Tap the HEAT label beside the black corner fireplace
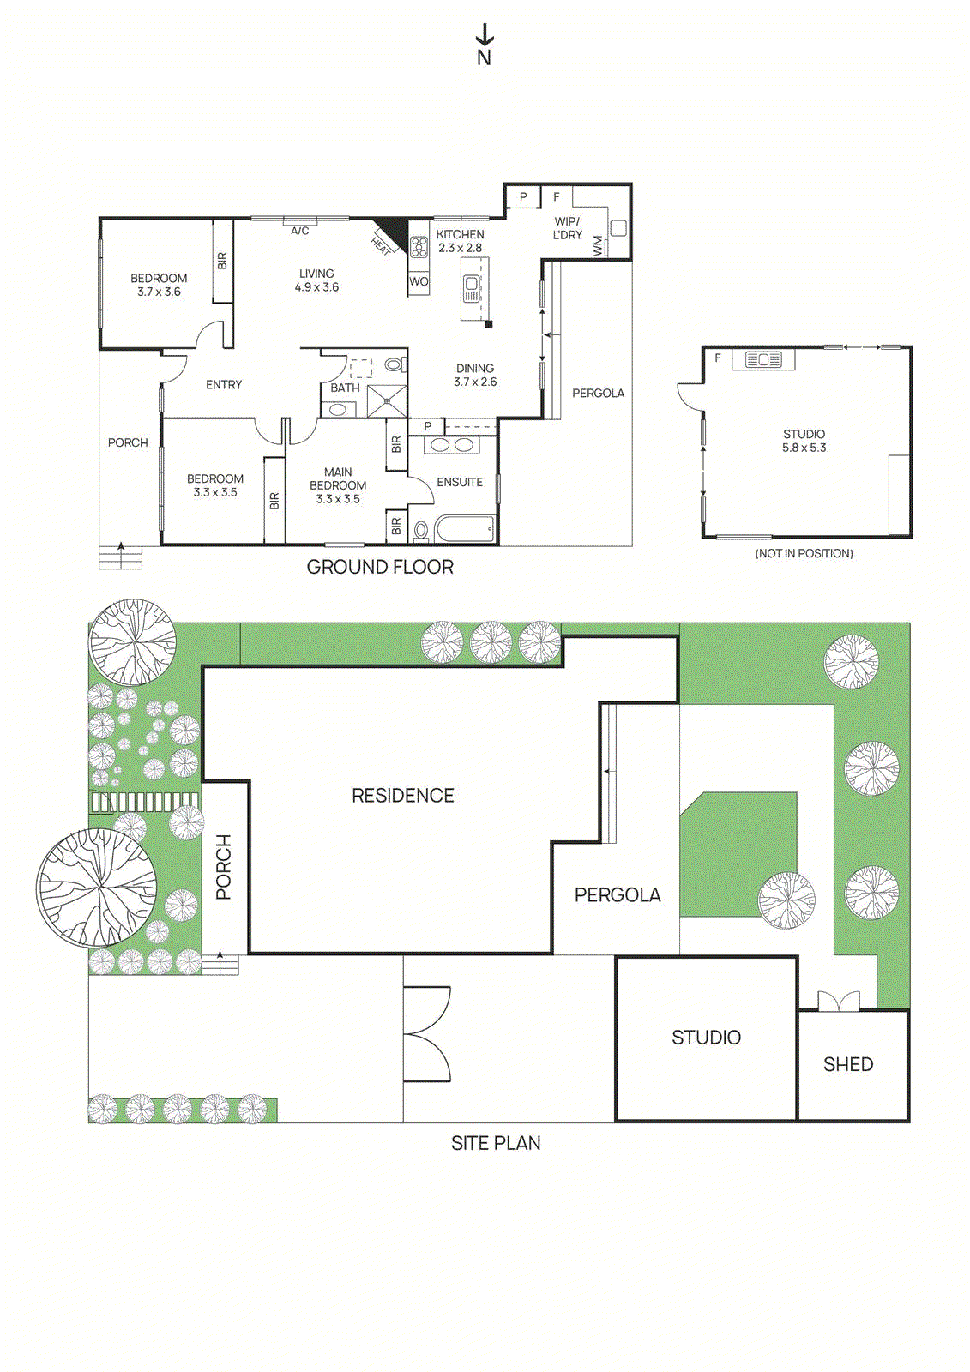[x=381, y=245]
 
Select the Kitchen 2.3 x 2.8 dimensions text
[x=461, y=248]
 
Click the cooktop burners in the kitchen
[x=419, y=248]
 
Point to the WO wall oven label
[x=419, y=281]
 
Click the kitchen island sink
[x=472, y=288]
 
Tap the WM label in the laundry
[x=598, y=245]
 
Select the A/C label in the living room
[x=299, y=231]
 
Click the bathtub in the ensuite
[x=465, y=529]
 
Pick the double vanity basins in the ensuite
[x=452, y=445]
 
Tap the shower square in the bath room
[x=387, y=401]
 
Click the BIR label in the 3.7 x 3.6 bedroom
[x=222, y=261]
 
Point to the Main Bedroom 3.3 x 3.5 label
[x=338, y=485]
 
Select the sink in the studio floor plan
[x=763, y=360]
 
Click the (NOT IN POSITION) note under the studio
[x=804, y=553]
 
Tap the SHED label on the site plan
[x=848, y=1064]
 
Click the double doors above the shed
[x=838, y=1002]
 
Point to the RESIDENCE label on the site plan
[x=403, y=796]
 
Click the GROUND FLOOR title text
[x=380, y=567]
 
